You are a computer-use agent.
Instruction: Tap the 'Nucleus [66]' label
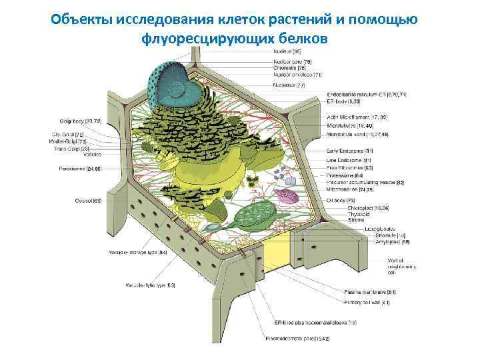288,51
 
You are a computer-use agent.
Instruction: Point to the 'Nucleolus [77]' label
291,85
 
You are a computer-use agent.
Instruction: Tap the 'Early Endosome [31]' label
349,151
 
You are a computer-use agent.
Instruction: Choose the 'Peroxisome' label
79,169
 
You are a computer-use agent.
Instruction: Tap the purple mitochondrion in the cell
287,195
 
